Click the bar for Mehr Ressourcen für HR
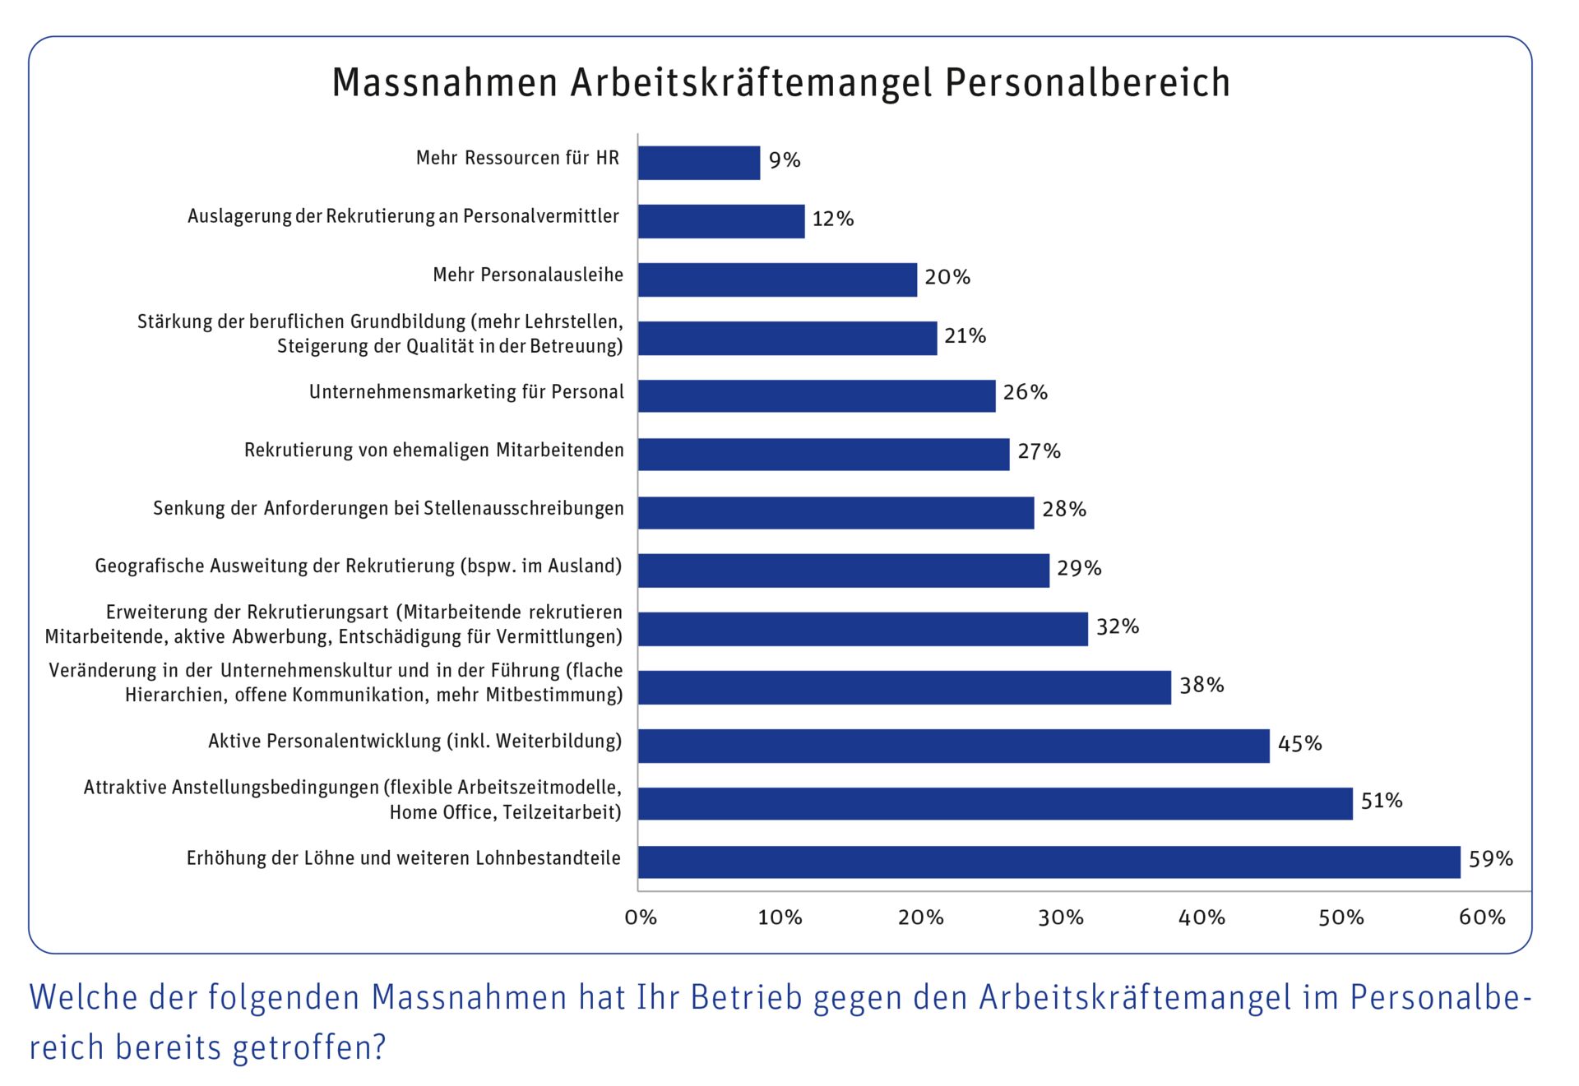698,163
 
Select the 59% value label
1490,859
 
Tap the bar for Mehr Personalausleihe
777,280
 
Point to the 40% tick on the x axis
1202,917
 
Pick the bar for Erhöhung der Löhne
1049,862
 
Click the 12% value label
832,219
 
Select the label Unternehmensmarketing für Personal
466,392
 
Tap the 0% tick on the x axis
641,917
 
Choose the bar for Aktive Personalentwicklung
953,746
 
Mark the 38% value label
1202,685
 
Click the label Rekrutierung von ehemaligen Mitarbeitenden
433,451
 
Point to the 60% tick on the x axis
1482,917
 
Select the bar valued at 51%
995,803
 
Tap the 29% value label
1079,568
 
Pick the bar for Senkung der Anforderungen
836,512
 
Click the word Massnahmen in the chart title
445,82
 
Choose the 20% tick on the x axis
921,917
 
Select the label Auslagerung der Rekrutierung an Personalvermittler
403,216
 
